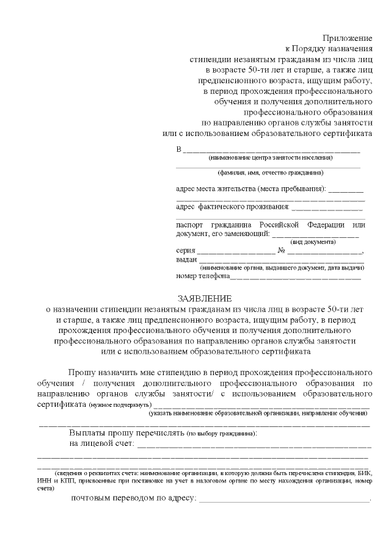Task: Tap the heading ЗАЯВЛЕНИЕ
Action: [205, 298]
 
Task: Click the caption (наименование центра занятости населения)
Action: [270, 157]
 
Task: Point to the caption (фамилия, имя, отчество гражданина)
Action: [270, 173]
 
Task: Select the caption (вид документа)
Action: [315, 242]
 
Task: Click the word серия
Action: [185, 251]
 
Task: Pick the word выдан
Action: [186, 259]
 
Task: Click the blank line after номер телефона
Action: [294, 278]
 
